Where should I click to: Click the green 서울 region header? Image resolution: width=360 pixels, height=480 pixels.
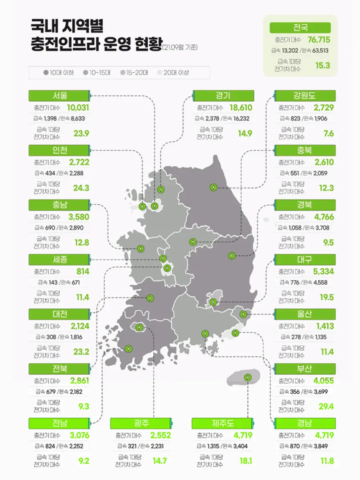pyautogui.click(x=59, y=96)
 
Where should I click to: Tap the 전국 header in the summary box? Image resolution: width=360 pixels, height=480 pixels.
pyautogui.click(x=300, y=28)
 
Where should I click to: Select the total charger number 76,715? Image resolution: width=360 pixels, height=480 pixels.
pyautogui.click(x=319, y=40)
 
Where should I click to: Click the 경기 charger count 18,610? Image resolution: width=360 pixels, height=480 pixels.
pyautogui.click(x=241, y=108)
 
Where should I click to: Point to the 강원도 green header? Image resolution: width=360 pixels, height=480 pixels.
pyautogui.click(x=304, y=96)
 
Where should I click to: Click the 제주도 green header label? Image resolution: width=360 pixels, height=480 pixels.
pyautogui.click(x=223, y=423)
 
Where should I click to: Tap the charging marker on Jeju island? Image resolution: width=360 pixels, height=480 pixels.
pyautogui.click(x=247, y=377)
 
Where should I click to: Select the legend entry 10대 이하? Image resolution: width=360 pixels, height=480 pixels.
pyautogui.click(x=58, y=73)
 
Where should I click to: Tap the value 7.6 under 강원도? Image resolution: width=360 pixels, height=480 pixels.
pyautogui.click(x=328, y=133)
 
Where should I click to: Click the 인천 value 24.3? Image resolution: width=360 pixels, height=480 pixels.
pyautogui.click(x=81, y=188)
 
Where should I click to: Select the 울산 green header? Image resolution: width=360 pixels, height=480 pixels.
pyautogui.click(x=304, y=314)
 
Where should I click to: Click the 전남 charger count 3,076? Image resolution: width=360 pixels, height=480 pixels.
pyautogui.click(x=79, y=435)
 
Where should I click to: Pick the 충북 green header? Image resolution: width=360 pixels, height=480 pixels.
pyautogui.click(x=304, y=150)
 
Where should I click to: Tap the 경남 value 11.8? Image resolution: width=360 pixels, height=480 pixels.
pyautogui.click(x=327, y=461)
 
